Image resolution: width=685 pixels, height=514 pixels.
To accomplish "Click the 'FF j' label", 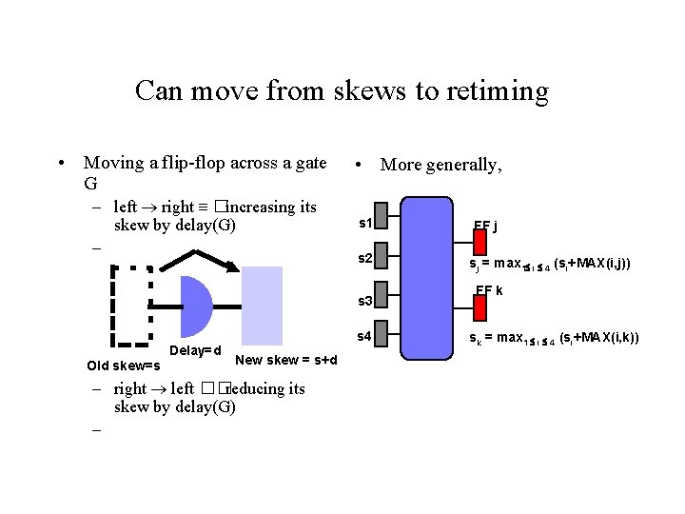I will (486, 227).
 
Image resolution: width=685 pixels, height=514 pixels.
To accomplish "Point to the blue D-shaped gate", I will (194, 306).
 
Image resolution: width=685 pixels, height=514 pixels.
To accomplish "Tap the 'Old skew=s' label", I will (124, 366).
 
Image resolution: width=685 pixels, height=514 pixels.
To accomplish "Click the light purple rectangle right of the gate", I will (262, 305).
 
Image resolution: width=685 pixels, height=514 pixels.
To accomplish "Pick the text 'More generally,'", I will (440, 165).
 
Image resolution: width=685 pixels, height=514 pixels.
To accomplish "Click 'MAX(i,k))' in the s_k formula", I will (609, 337).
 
